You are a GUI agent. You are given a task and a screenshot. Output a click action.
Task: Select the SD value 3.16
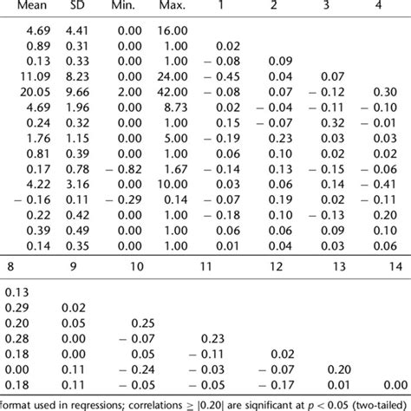pos(78,185)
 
